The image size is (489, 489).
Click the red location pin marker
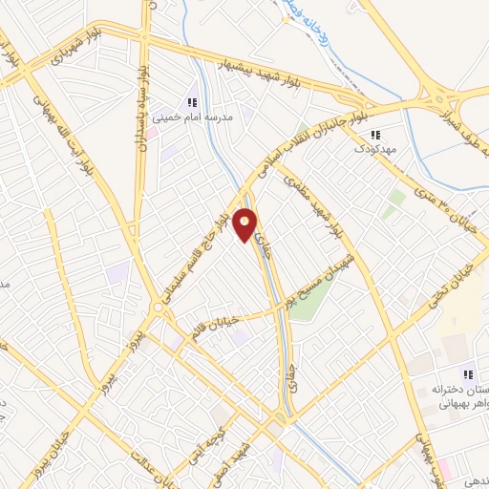246,224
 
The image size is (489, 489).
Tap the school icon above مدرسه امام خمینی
192,102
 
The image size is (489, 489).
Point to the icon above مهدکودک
374,135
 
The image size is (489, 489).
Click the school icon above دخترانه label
467,374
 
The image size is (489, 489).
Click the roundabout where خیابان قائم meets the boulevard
157,308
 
